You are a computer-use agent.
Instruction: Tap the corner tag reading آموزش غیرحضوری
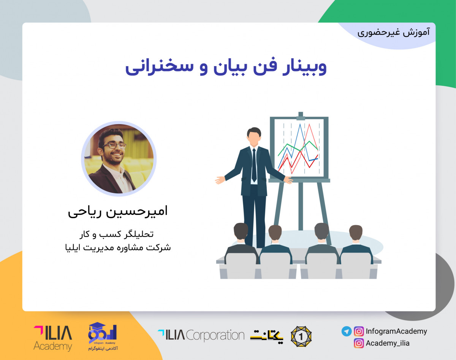pos(393,32)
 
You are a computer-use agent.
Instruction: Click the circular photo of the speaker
pos(119,158)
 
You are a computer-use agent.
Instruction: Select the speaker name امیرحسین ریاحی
pos(118,212)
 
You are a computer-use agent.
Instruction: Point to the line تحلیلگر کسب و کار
pos(119,234)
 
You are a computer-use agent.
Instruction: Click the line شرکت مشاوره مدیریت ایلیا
pos(118,248)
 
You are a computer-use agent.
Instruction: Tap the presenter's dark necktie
pos(254,165)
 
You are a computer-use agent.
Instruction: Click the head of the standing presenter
pos(254,136)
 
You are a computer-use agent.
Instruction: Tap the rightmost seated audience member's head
pos(356,232)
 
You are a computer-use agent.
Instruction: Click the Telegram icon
pos(346,331)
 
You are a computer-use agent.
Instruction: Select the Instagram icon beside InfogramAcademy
pos(359,331)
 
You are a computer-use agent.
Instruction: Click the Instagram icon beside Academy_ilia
pos(359,343)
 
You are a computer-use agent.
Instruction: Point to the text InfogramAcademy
pos(396,331)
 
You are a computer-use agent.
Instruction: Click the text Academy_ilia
pos(388,343)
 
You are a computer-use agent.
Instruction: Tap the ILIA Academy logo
pos(52,337)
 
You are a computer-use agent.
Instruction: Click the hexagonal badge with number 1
pos(301,336)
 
